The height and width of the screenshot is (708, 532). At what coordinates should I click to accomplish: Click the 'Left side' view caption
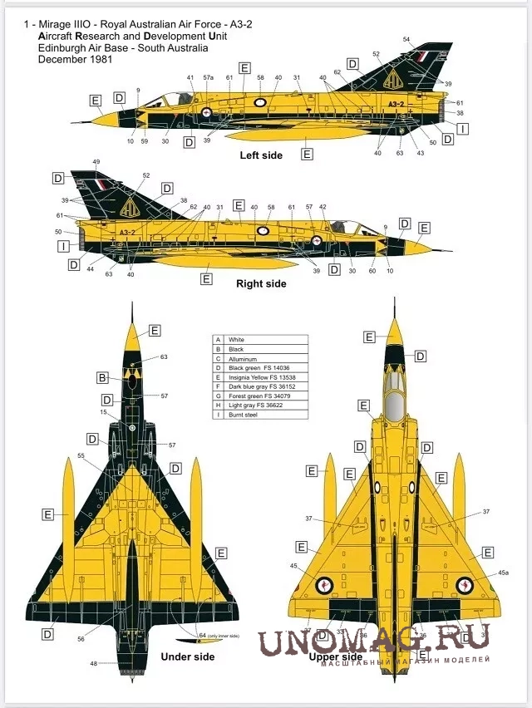(260, 155)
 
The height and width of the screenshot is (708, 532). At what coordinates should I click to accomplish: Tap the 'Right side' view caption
(261, 283)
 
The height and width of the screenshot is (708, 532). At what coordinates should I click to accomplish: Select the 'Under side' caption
(187, 656)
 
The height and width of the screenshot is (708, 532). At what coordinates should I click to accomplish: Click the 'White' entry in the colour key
(236, 340)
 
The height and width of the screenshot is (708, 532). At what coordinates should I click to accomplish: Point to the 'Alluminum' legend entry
(243, 358)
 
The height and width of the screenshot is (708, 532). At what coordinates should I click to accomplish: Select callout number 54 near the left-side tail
(406, 40)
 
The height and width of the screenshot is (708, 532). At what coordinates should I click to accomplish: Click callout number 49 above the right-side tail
(96, 162)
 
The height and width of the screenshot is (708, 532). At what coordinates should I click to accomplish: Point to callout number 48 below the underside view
(93, 663)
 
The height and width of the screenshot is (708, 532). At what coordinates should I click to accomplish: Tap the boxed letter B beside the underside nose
(102, 377)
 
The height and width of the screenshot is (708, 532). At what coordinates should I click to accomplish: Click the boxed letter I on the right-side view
(62, 246)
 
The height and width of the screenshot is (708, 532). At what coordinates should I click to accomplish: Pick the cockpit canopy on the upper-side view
(396, 407)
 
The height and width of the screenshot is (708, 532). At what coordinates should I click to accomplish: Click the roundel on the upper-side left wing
(324, 586)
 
